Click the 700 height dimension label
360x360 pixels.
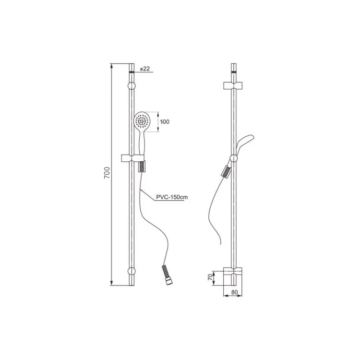[x=107, y=173]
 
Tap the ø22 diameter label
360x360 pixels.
[x=144, y=69]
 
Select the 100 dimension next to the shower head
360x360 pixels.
[x=165, y=122]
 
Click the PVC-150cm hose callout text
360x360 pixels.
[x=172, y=197]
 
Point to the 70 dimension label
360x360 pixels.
[x=210, y=277]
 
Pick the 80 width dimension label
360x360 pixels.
[x=234, y=292]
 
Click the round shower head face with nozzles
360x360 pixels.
[x=142, y=121]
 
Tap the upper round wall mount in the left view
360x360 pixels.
[x=132, y=85]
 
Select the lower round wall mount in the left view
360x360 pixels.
[x=132, y=271]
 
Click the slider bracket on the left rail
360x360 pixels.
[x=132, y=158]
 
